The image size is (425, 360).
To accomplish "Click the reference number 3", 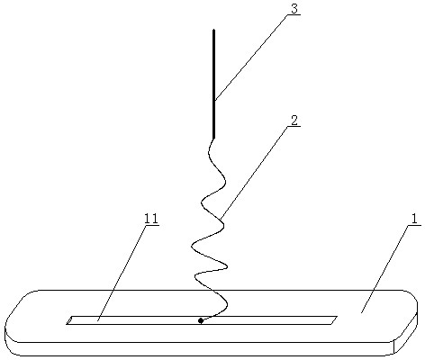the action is (x=294, y=9).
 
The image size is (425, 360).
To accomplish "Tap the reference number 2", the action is (x=294, y=121).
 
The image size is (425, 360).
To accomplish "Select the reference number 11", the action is (x=151, y=219).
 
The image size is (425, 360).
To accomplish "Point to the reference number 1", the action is (x=414, y=219).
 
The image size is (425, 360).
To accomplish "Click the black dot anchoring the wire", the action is (x=201, y=320).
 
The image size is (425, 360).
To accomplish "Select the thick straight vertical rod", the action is (x=213, y=84).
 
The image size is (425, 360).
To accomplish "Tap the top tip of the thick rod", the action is (x=213, y=30).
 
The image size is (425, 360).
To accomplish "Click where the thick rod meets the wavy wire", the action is (x=213, y=139).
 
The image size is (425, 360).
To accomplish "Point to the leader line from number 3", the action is (x=250, y=58).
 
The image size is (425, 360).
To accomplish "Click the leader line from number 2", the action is (x=254, y=172).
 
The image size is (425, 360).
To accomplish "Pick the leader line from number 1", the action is (x=385, y=269).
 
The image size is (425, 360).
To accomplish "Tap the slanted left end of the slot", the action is (x=69, y=320).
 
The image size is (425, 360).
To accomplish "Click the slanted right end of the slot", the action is (x=334, y=320).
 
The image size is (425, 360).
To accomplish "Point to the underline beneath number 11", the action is (x=151, y=225).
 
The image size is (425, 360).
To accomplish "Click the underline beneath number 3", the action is (x=294, y=14).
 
